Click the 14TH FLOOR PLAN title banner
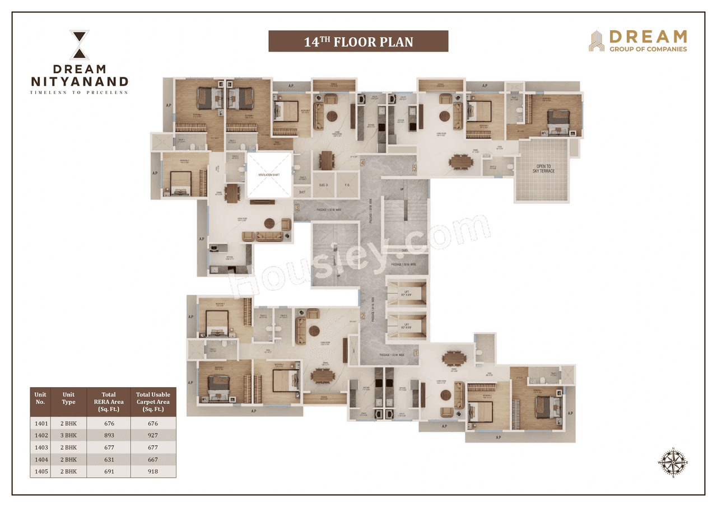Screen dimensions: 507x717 coord(358,41)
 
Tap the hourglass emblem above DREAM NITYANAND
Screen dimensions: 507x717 coord(79,45)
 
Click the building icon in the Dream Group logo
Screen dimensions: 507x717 coord(597,41)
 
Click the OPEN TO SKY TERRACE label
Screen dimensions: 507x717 coord(543,169)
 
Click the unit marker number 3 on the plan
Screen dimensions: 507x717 coord(297,207)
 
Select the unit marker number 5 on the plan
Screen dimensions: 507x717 coord(415,167)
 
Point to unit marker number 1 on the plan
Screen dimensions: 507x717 coord(416,353)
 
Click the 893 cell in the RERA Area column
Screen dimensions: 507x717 coord(109,435)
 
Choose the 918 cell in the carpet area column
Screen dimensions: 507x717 coord(153,471)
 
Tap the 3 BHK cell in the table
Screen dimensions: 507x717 coord(68,435)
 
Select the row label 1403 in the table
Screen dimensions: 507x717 coord(40,448)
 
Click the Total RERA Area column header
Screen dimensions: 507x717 coord(109,402)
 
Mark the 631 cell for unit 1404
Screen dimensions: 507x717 coord(109,459)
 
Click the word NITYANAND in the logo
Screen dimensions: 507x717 coord(79,82)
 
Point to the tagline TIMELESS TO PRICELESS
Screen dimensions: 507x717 coord(79,92)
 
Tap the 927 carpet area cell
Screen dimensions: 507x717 coord(153,435)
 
